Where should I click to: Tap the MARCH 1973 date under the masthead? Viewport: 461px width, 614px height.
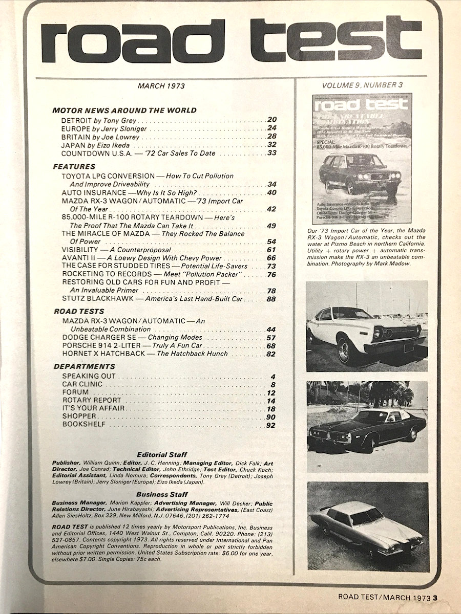coord(161,86)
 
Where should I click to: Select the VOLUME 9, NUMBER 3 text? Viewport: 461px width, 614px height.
coord(366,85)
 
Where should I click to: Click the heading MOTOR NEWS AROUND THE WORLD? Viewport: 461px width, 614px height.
coord(124,110)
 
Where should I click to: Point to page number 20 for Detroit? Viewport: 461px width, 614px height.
coord(272,120)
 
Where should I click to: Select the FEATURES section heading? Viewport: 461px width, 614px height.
coord(74,166)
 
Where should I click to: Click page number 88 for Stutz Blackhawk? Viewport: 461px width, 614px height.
coord(271,299)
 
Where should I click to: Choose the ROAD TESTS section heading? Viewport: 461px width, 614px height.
coord(79,311)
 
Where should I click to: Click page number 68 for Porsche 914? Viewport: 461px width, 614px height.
coord(271,346)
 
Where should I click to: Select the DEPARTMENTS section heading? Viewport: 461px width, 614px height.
coord(83,366)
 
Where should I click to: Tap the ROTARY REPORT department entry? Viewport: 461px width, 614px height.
coord(92,400)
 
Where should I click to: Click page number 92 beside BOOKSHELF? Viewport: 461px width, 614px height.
coord(271,425)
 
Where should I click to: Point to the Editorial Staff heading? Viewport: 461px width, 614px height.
coord(162,454)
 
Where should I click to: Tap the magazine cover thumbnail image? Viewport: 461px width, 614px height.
coord(362,159)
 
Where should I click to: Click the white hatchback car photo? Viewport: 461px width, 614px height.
coord(367,326)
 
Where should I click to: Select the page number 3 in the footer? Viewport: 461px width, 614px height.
coord(434,596)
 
